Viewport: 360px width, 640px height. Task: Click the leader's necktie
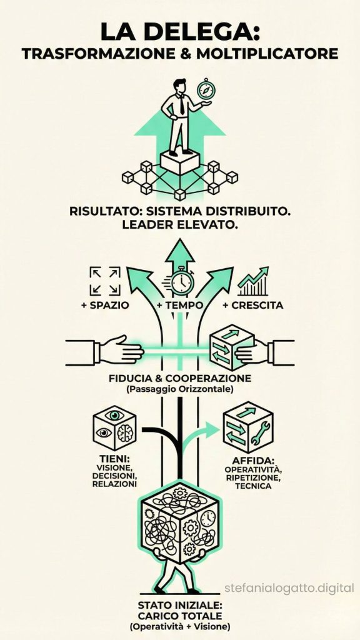tap(181, 104)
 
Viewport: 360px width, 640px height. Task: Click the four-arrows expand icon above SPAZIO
tap(105, 281)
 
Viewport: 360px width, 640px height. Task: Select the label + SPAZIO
tap(104, 306)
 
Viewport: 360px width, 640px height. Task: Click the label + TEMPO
tap(179, 306)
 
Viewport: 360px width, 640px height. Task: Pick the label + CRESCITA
tap(253, 306)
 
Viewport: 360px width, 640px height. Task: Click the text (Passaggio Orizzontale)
tap(179, 389)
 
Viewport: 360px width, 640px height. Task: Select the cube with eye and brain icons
tap(114, 429)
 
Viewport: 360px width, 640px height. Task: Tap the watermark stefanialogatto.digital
tap(289, 587)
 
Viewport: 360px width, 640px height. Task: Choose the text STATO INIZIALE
tap(179, 605)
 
